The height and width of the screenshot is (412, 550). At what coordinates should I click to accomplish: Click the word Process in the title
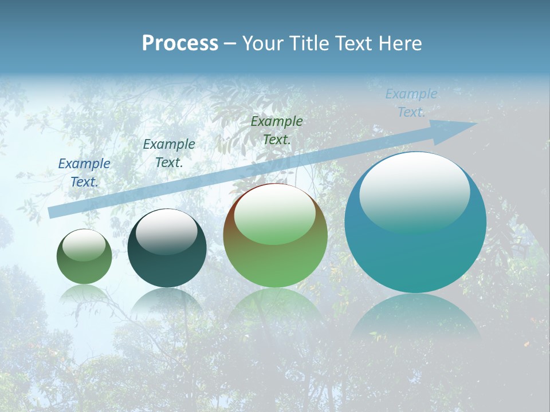[180, 43]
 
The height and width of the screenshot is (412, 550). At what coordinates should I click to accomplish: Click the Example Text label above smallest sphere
[84, 172]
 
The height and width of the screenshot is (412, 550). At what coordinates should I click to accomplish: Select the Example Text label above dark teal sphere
[169, 153]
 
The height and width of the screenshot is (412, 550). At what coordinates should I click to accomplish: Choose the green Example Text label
[277, 130]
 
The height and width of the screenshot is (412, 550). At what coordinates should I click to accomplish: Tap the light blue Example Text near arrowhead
[411, 102]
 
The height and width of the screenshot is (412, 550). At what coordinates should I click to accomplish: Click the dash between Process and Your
[230, 44]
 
